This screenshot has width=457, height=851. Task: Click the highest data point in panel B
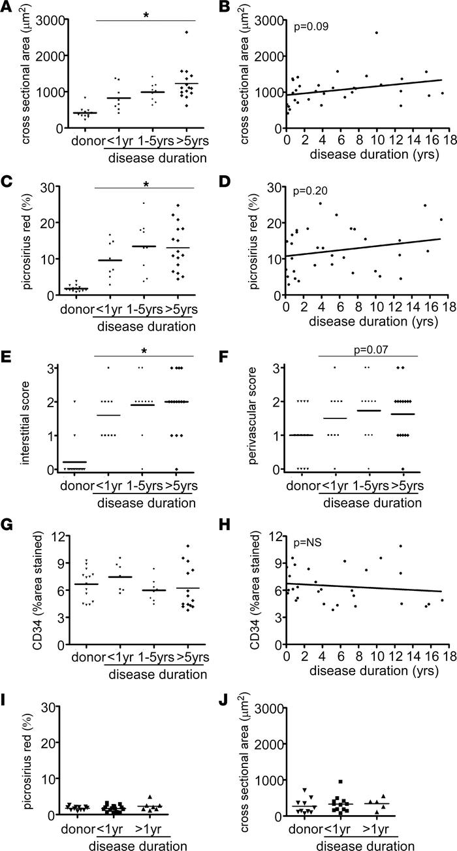point(376,32)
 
